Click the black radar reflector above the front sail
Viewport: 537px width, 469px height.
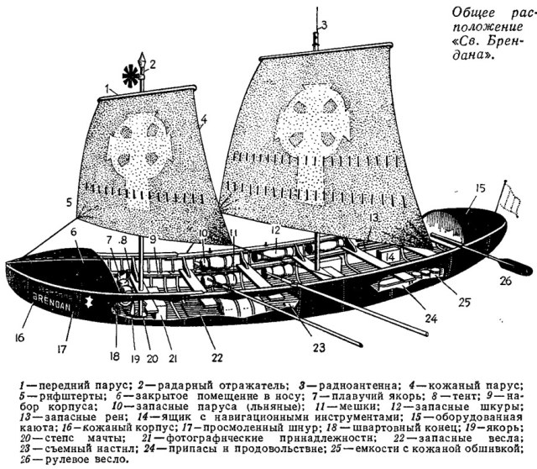131,76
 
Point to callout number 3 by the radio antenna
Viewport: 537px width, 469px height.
324,24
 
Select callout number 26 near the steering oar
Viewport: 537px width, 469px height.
505,282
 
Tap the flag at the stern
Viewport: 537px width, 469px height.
509,199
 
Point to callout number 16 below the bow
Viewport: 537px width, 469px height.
19,338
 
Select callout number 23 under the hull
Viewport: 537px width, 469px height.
319,348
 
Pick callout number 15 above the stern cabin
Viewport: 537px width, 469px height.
481,188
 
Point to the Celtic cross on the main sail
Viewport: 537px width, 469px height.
314,136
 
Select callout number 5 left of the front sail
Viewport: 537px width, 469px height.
69,202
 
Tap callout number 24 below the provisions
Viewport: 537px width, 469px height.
430,319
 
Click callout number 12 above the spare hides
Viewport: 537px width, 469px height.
276,229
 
